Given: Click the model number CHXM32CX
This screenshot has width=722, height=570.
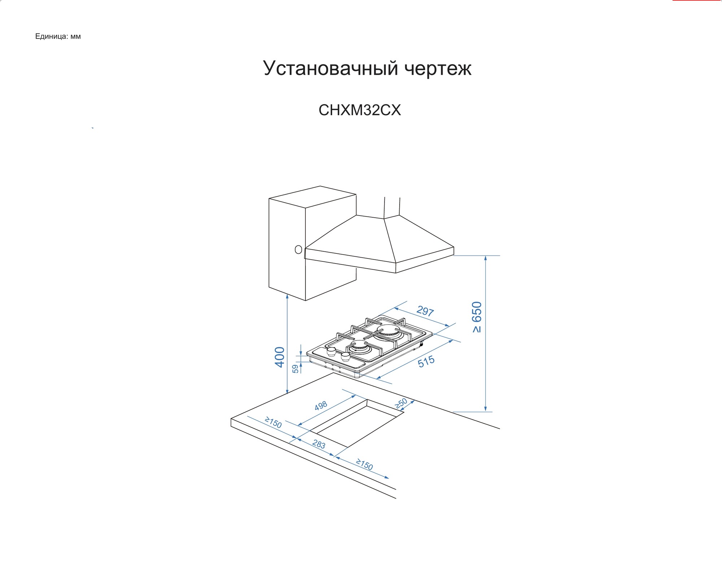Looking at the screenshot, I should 360,110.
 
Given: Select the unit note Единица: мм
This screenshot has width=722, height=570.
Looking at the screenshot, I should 58,36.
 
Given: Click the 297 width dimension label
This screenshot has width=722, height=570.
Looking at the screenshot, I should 425,311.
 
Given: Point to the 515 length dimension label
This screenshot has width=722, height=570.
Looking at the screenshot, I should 426,361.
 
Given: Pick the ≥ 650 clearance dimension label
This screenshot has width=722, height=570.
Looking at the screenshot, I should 477,317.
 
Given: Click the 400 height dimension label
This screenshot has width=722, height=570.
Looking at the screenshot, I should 280,357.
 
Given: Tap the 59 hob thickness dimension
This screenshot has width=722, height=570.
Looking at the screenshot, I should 295,369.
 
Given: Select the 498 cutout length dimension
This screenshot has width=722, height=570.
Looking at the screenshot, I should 321,406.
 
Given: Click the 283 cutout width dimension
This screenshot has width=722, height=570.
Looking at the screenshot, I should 319,444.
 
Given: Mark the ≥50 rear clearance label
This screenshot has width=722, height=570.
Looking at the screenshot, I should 401,403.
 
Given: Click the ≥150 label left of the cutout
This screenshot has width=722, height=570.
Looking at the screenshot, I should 273,422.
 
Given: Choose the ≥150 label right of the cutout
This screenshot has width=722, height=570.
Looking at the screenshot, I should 364,464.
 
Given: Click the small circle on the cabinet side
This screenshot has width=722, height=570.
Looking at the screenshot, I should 298,249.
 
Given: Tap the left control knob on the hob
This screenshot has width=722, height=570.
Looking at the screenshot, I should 331,352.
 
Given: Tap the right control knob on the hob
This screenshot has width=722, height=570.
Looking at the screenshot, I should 345,357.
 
